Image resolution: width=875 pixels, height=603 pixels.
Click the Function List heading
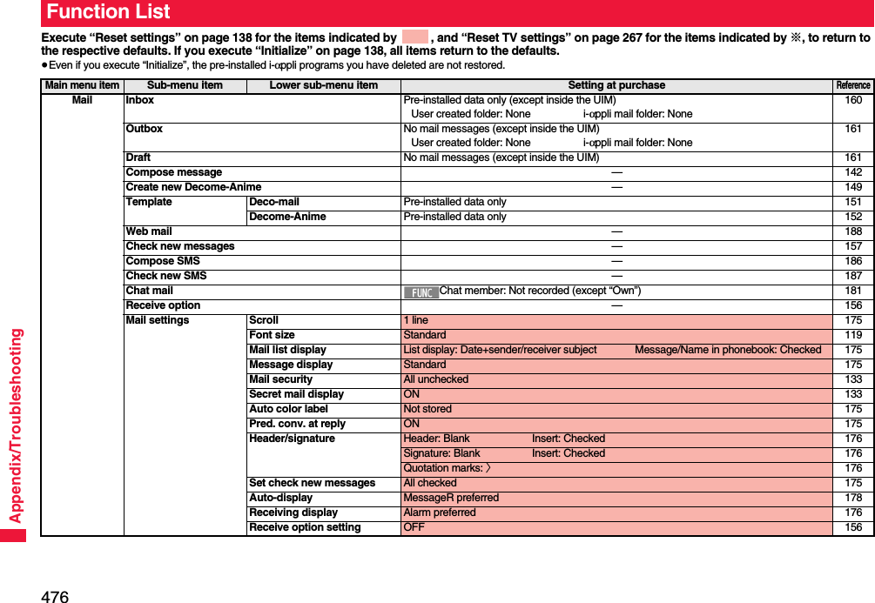click(108, 12)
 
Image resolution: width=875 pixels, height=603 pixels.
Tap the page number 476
click(55, 596)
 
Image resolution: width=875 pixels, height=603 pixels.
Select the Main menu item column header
click(82, 85)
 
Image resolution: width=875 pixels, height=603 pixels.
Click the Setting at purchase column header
click(616, 85)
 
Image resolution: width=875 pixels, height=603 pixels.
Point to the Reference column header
click(852, 85)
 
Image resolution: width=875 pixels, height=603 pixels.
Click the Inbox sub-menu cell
click(140, 100)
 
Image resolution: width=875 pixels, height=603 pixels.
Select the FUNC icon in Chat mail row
click(421, 291)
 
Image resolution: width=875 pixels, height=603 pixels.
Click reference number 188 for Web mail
click(852, 231)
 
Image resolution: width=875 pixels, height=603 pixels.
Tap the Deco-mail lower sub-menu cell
click(274, 202)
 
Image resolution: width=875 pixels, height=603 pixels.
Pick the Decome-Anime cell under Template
click(287, 217)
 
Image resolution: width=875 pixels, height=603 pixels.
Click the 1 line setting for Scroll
click(416, 320)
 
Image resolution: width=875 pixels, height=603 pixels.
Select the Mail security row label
click(280, 379)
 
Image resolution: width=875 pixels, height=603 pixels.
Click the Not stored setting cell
click(427, 409)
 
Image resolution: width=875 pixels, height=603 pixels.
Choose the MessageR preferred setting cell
click(451, 498)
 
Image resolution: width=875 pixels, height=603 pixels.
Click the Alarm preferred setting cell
click(440, 513)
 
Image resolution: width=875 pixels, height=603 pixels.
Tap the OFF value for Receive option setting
click(414, 527)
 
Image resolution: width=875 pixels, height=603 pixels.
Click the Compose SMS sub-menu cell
click(163, 261)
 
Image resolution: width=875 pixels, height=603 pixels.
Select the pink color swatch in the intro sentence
click(415, 37)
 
